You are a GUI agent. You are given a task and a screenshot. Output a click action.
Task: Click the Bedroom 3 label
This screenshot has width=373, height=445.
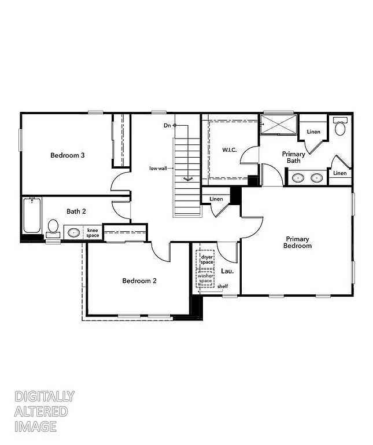coord(68,155)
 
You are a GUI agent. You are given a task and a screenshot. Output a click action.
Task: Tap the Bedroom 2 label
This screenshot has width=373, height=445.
coord(139,281)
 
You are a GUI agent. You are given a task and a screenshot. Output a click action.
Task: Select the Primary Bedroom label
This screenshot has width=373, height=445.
coord(297,242)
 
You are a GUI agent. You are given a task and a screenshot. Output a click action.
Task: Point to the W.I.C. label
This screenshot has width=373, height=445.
coord(230,150)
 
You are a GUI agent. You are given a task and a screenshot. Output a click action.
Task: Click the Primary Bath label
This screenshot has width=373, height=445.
coord(294,157)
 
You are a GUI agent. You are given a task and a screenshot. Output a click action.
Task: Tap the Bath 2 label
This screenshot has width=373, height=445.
coord(76,211)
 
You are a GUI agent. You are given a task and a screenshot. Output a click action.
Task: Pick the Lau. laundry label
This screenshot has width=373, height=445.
coord(227,271)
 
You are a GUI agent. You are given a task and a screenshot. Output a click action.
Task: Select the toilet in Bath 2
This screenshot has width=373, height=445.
coord(53,227)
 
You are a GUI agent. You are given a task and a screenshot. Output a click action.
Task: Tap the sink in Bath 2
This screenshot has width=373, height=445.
coord(73,233)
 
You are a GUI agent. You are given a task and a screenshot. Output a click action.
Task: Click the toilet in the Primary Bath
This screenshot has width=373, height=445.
coord(340,126)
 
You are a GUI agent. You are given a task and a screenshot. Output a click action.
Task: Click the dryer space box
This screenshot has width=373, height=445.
coord(207,258)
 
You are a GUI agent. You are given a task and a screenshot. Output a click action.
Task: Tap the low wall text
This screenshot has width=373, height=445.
coord(158,169)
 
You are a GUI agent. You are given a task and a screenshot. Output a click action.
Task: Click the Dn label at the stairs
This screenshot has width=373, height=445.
coord(167,125)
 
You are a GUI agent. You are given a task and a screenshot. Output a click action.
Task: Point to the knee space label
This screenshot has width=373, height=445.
coord(93,233)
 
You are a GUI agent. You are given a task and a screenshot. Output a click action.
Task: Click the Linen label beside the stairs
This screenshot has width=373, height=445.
coord(216,199)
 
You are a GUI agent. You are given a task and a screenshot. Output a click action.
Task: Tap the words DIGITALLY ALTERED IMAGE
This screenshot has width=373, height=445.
coord(45,411)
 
